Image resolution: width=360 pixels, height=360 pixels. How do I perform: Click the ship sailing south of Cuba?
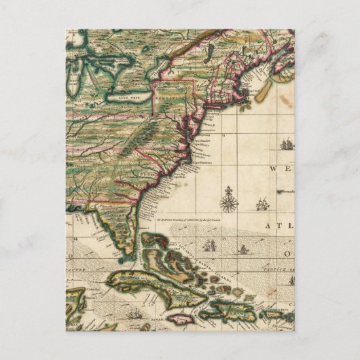134,314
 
